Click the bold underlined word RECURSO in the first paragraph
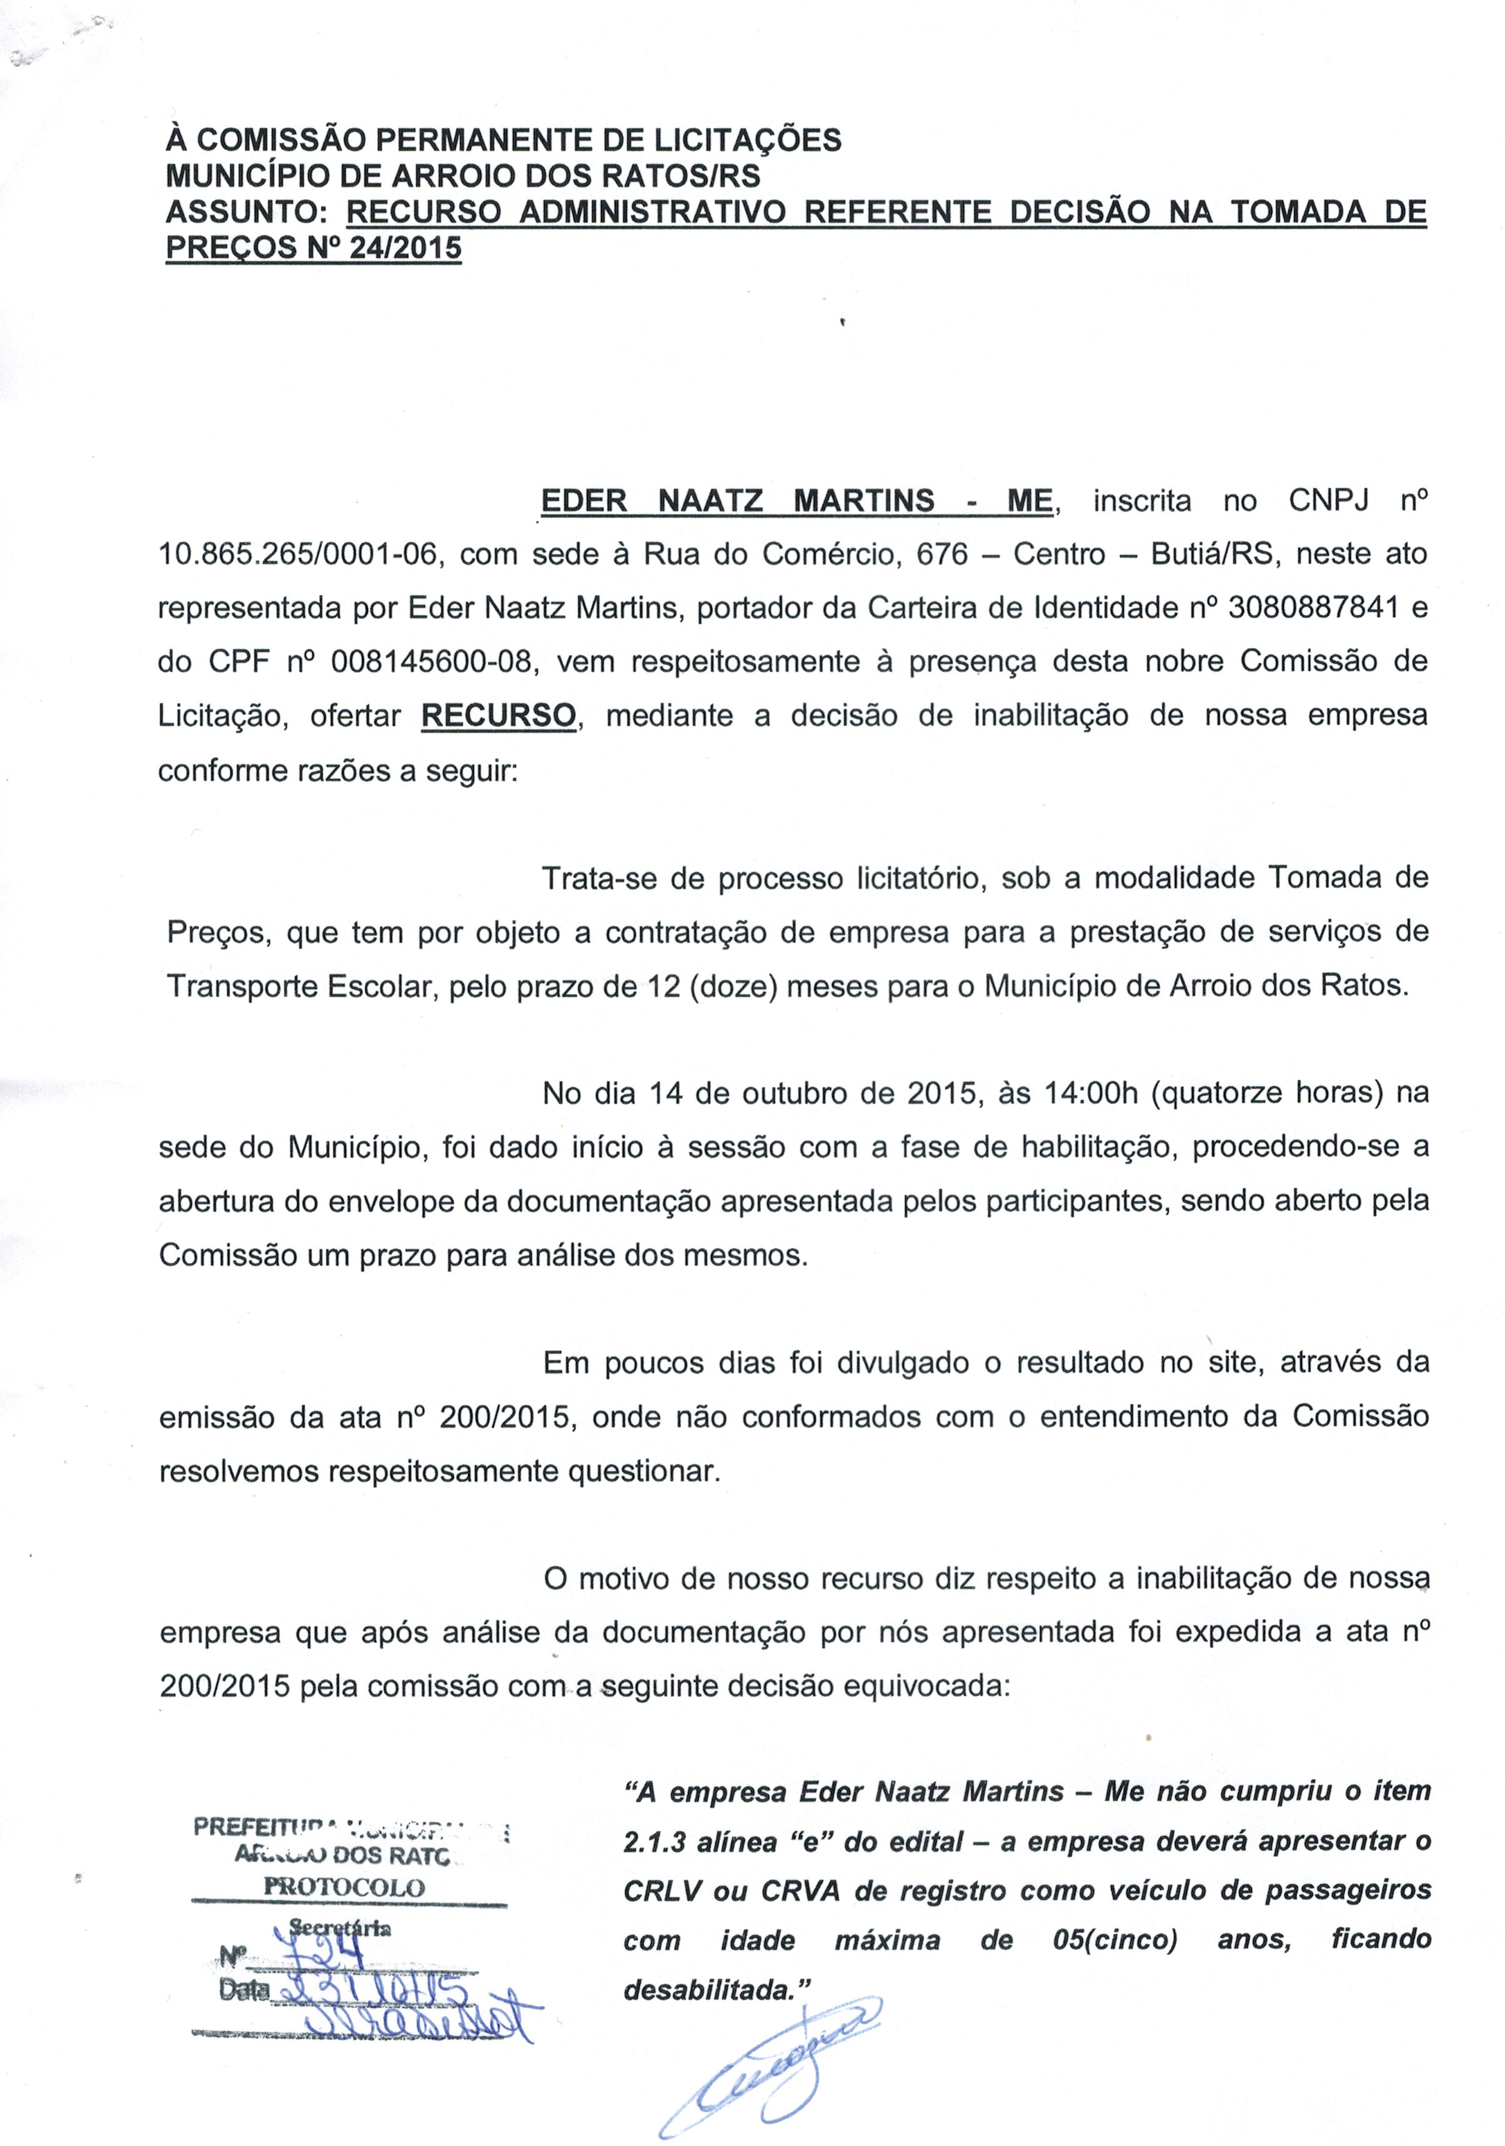(x=499, y=716)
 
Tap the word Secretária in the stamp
(x=340, y=1927)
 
